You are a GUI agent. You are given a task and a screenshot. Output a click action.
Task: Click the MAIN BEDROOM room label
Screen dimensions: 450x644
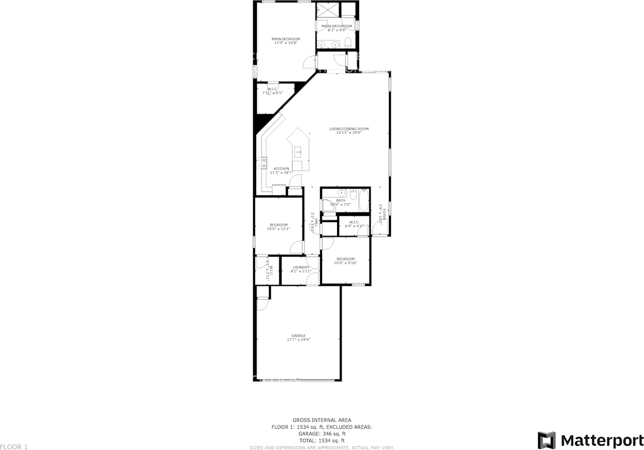[x=286, y=41]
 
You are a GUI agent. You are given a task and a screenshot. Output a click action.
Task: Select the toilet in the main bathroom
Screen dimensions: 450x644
[x=348, y=42]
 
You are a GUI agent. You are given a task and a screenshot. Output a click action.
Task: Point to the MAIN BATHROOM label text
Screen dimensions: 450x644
[x=337, y=28]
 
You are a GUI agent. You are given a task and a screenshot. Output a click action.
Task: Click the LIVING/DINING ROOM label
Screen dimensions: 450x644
[x=349, y=130]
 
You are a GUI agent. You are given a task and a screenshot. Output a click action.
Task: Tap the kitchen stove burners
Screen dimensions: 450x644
[x=263, y=163]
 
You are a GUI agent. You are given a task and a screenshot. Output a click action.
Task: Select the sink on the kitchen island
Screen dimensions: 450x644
[x=298, y=151]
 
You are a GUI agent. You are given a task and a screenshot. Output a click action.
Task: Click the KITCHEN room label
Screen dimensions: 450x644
[x=281, y=170]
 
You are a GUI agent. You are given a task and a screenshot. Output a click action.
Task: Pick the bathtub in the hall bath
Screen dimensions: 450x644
[x=363, y=200]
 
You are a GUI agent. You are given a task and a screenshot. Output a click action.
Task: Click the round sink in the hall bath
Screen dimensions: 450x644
[x=342, y=193]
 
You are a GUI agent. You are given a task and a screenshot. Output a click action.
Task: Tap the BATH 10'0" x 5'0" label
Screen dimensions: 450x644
[x=341, y=202]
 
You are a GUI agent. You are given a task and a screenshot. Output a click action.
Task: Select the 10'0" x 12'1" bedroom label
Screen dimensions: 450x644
[x=278, y=227]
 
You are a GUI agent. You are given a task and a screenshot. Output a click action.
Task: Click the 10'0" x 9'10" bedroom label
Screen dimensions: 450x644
[x=346, y=261]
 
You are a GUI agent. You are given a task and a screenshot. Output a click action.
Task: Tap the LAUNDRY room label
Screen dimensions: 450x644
[x=301, y=269]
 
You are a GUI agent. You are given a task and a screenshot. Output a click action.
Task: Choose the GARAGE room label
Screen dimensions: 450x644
[x=298, y=337]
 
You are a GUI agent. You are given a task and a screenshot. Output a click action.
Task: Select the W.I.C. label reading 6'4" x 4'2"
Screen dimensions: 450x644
[x=354, y=224]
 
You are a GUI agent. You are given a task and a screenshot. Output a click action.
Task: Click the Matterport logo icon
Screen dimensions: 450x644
[x=546, y=439]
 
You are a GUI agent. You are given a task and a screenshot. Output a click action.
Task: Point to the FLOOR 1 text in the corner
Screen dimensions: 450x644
[x=14, y=446]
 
